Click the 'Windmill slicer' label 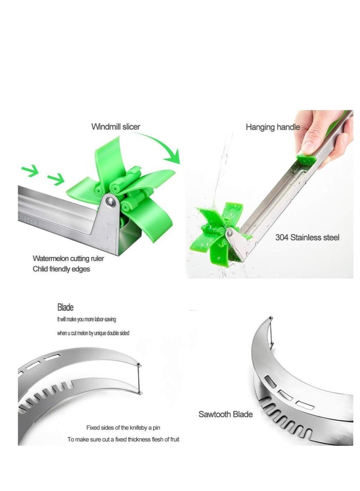(116, 127)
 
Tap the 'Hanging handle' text (272, 127)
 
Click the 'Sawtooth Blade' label (225, 414)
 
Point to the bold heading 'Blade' (65, 308)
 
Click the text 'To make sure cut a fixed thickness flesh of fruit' (123, 439)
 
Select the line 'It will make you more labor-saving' (87, 319)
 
